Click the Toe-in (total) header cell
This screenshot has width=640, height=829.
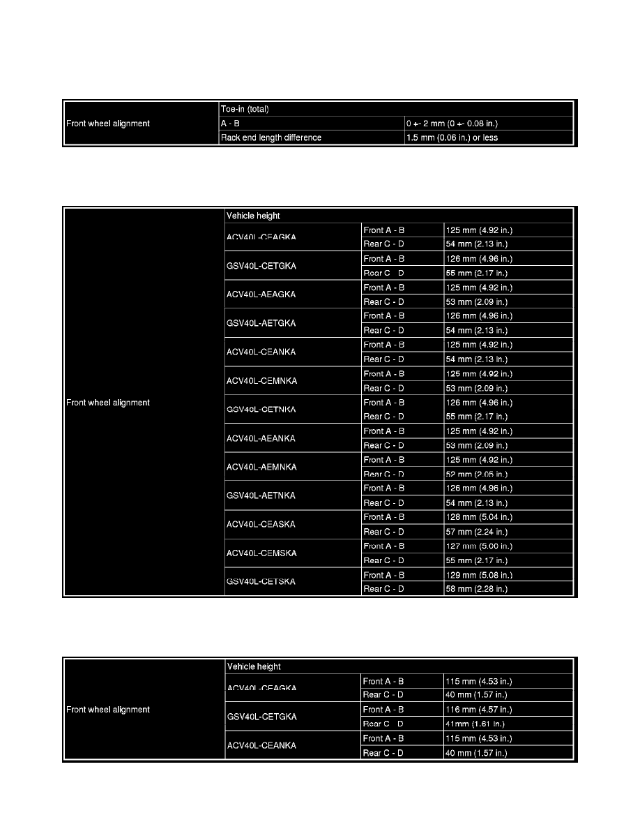[245, 109]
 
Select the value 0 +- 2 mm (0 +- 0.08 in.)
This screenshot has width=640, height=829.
[452, 124]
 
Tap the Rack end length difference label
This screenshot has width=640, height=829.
[271, 137]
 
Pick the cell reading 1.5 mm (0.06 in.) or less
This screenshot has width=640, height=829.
[452, 137]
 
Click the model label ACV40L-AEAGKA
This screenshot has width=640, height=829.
[261, 294]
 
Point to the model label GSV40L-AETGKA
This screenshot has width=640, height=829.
[261, 323]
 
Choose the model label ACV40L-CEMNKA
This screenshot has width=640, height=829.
[261, 381]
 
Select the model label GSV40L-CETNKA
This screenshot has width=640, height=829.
[261, 410]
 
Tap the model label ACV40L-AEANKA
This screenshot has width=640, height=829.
[261, 438]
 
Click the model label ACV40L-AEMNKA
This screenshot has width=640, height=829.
[261, 467]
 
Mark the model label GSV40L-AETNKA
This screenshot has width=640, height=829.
[261, 495]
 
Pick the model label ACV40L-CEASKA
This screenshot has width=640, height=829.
[261, 525]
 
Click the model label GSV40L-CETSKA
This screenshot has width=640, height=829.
[261, 582]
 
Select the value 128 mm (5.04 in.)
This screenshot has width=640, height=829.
[479, 517]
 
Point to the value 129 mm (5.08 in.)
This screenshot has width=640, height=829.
[479, 575]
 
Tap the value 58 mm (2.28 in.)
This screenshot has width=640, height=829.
[476, 589]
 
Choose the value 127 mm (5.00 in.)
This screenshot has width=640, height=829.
[479, 546]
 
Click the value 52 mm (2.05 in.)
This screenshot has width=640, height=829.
[476, 474]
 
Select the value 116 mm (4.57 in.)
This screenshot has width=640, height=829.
[479, 710]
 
